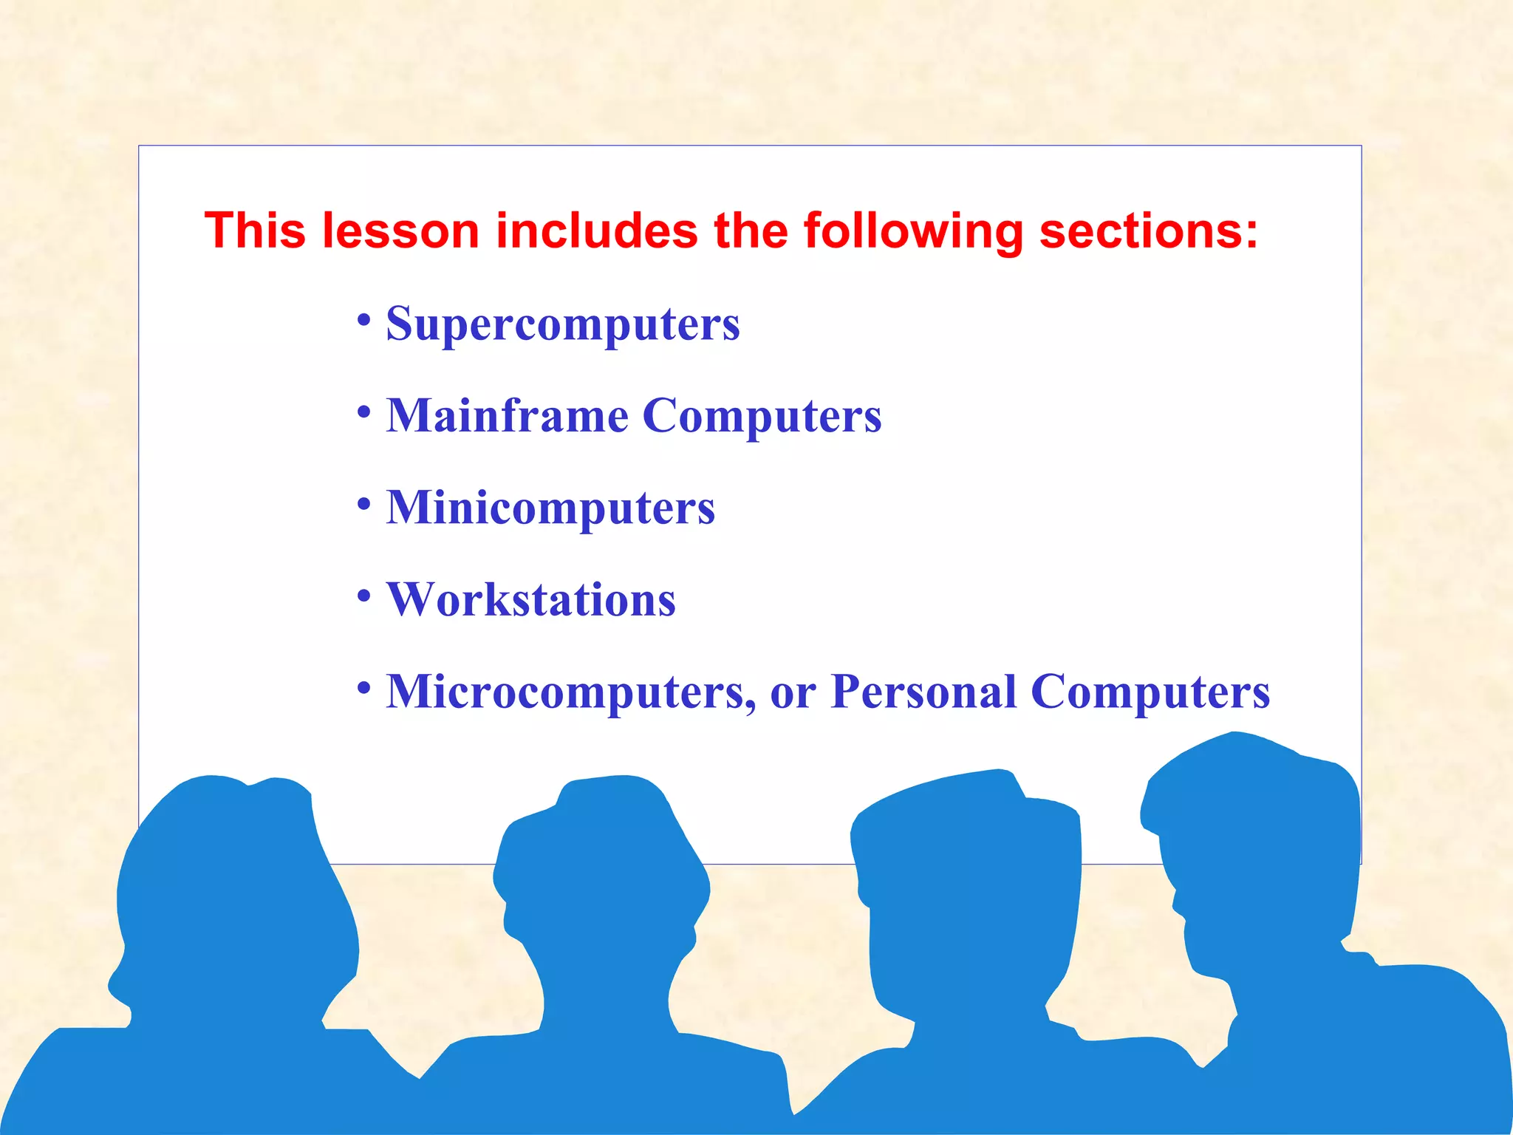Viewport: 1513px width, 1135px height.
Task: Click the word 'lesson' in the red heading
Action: (x=400, y=231)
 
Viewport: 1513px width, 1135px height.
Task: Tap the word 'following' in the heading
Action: (x=914, y=232)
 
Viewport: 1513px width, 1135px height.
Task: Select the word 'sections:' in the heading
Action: (x=1149, y=231)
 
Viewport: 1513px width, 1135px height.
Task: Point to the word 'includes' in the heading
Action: (x=596, y=231)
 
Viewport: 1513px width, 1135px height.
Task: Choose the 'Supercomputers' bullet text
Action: (x=563, y=324)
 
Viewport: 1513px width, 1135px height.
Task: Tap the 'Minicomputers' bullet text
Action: (x=550, y=508)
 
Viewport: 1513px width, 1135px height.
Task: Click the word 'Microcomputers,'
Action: (x=570, y=692)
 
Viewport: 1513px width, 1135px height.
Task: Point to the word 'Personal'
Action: (x=923, y=692)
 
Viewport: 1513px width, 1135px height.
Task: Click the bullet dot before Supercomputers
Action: (x=363, y=320)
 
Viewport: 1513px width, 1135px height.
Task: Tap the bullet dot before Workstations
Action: (x=363, y=596)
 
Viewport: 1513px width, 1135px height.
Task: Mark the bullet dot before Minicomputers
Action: (x=363, y=504)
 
